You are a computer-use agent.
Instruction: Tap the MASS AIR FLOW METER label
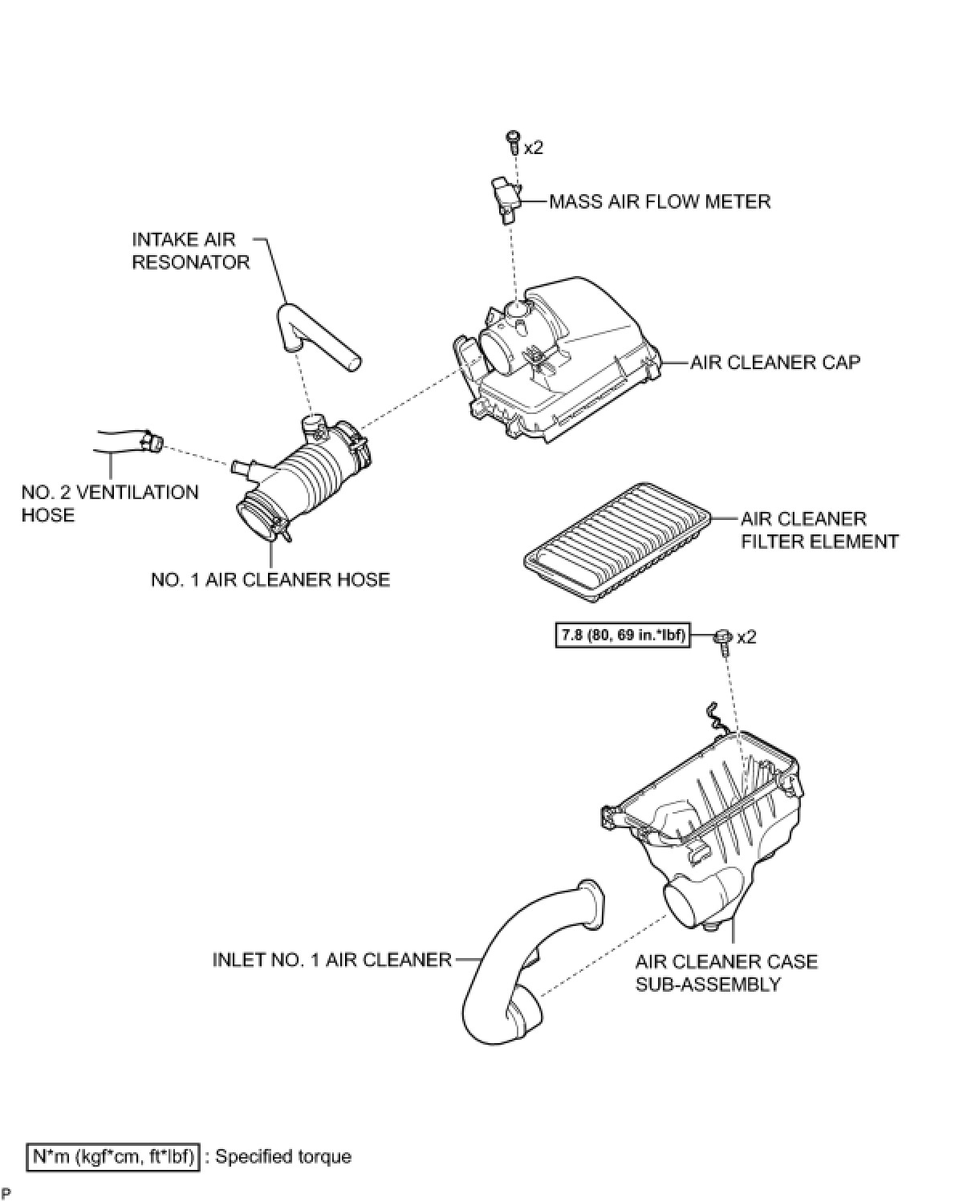tap(660, 201)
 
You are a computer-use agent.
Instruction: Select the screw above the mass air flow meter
tap(511, 142)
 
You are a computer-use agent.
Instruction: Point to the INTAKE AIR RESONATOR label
tap(191, 250)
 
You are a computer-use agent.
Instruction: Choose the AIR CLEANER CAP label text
tap(775, 362)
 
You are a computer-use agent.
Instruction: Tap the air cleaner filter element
tap(616, 542)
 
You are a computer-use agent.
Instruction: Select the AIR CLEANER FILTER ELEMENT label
tap(819, 530)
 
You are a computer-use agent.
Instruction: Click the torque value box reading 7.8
tap(622, 636)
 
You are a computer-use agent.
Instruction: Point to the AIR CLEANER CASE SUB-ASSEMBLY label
tap(726, 972)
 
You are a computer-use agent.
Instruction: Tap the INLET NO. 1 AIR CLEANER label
tap(331, 960)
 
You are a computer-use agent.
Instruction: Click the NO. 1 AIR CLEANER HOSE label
tap(270, 579)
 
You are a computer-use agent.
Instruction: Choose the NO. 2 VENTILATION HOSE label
tap(110, 503)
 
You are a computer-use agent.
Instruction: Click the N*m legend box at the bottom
tap(113, 1156)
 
